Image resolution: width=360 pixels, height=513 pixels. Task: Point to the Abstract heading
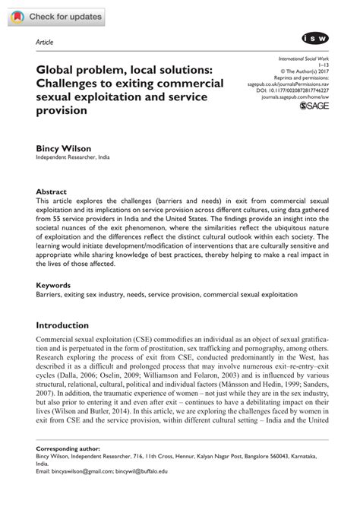tap(52, 192)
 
